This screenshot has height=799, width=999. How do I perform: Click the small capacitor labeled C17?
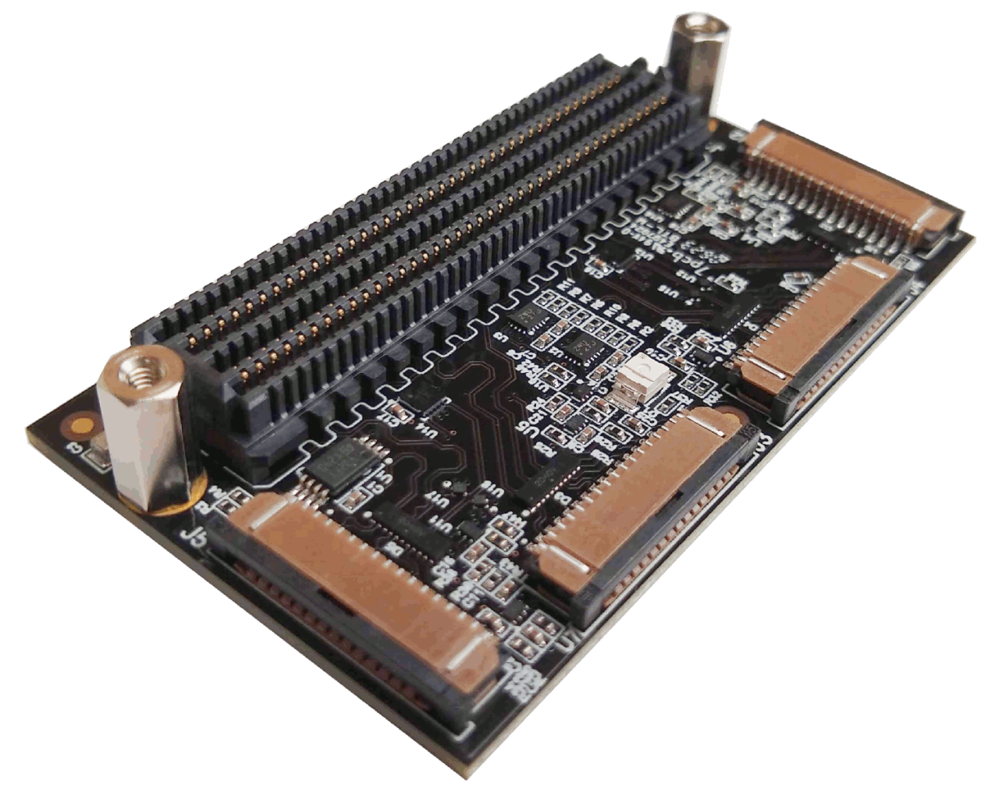pos(394,410)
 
